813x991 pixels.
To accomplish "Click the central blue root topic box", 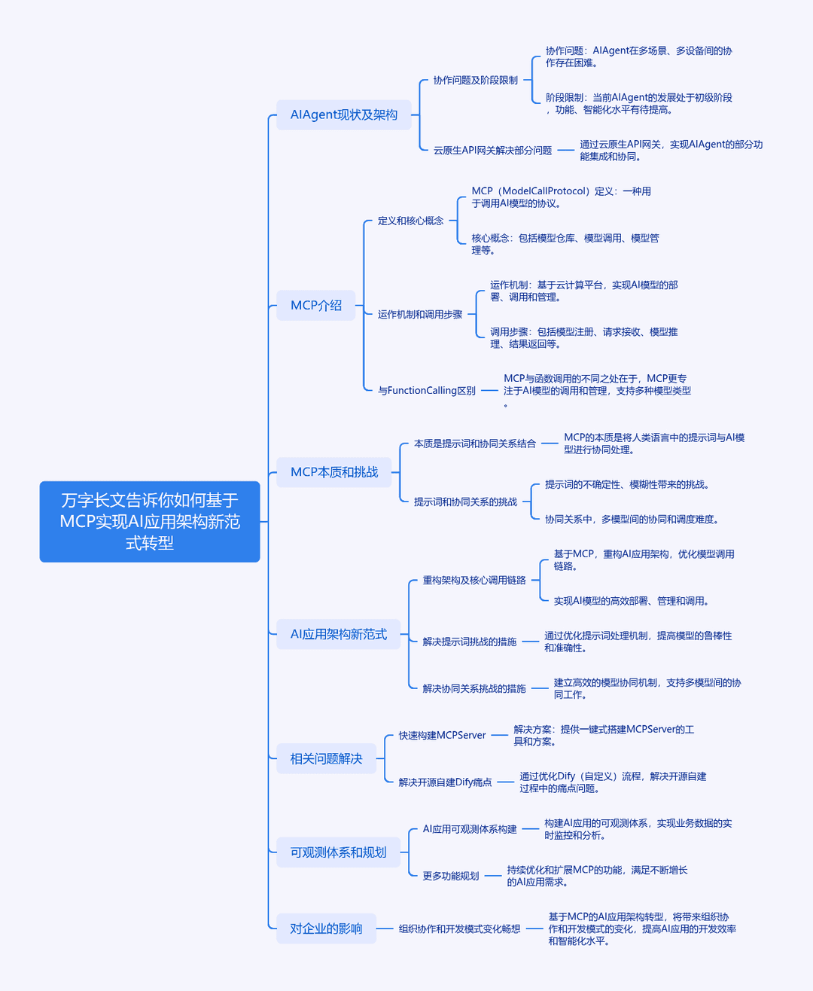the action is click(x=150, y=521).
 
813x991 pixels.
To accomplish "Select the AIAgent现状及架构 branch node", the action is click(x=344, y=114).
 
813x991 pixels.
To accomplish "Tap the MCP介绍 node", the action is click(x=316, y=306).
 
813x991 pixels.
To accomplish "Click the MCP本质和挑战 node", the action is click(x=334, y=471).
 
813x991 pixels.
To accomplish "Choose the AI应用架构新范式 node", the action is click(x=339, y=634).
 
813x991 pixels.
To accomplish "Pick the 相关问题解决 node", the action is click(x=327, y=758).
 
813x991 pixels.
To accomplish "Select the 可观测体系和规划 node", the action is click(x=339, y=852).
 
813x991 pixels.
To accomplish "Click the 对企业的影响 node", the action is click(x=327, y=928).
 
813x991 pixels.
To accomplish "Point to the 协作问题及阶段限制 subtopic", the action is click(x=475, y=80).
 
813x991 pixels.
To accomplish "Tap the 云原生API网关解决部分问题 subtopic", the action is click(x=492, y=150).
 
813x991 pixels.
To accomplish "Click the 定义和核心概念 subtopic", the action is click(x=410, y=221).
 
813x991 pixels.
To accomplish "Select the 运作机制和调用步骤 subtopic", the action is click(x=420, y=314).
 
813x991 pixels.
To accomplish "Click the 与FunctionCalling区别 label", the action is click(x=427, y=391).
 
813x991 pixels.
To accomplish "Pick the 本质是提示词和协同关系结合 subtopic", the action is click(x=475, y=443).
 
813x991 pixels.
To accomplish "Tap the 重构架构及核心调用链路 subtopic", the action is click(x=474, y=580).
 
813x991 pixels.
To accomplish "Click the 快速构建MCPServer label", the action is click(x=443, y=735).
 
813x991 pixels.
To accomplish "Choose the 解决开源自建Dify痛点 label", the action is click(x=445, y=782).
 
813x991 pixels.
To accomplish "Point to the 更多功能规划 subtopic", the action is click(x=451, y=875).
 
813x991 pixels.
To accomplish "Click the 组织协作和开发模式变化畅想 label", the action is click(x=460, y=928).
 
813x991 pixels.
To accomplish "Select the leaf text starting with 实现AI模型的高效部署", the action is click(x=632, y=600).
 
